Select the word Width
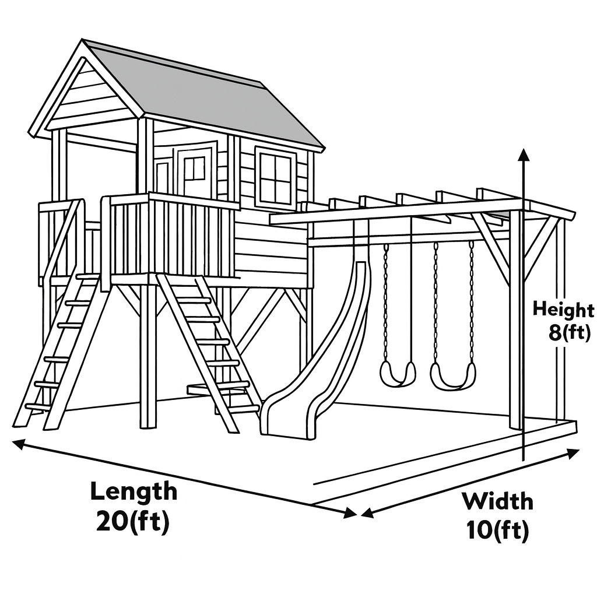coord(497,501)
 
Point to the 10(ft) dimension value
coord(497,531)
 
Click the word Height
coord(563,310)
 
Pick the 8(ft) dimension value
coord(571,334)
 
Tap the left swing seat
coord(398,374)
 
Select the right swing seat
coord(452,377)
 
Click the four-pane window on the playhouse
coord(275,178)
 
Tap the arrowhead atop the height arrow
coord(524,154)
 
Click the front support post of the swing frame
coord(515,321)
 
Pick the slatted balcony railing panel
coord(169,239)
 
